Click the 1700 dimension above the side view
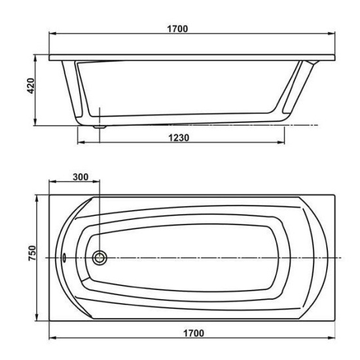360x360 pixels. point(177,29)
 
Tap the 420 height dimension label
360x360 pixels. point(31,86)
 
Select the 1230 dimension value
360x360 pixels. point(179,137)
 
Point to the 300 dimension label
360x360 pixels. point(81,177)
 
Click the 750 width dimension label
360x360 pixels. point(32,253)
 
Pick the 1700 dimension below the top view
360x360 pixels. point(194,333)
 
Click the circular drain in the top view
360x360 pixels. point(99,258)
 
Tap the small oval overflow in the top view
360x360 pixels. point(64,257)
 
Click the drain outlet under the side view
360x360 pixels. point(99,126)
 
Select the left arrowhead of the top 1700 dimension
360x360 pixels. point(52,34)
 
